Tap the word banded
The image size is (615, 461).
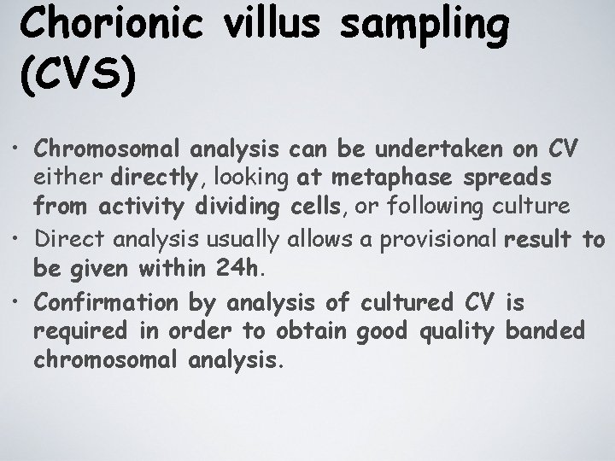(548, 330)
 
